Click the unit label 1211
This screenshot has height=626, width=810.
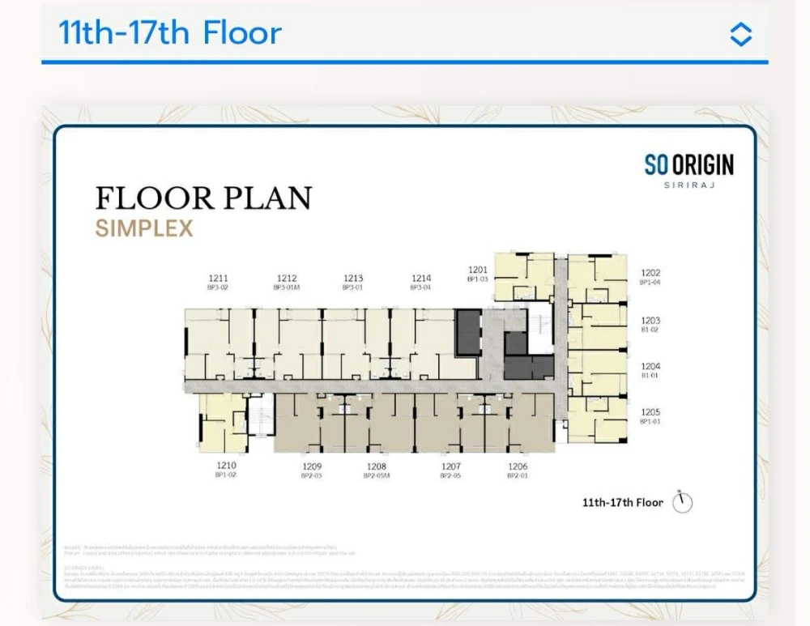(218, 278)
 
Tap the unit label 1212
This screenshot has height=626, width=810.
(287, 278)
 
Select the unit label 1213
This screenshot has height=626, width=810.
(352, 278)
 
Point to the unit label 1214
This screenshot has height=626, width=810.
(421, 278)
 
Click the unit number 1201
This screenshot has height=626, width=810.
(478, 270)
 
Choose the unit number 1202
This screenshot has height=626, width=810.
(650, 274)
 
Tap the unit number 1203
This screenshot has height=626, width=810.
(650, 321)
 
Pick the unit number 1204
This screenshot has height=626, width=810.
(650, 366)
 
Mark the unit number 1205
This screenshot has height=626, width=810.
(650, 412)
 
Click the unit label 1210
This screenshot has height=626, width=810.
(226, 466)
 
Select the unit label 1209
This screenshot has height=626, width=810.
(312, 466)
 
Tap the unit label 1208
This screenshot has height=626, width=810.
(377, 466)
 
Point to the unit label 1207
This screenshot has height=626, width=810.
(451, 466)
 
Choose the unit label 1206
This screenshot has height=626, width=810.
(518, 466)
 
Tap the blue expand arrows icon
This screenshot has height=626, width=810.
(740, 34)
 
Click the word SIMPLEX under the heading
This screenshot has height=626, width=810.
(144, 228)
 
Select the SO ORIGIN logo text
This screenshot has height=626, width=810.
(688, 165)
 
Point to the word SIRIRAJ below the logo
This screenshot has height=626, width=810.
(688, 185)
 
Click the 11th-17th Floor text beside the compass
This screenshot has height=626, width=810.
(622, 503)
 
